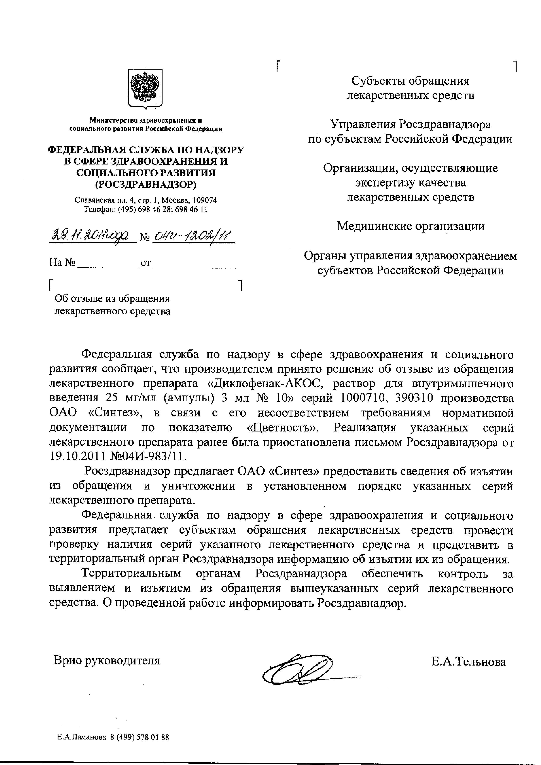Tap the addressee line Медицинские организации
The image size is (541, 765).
coord(410,226)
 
